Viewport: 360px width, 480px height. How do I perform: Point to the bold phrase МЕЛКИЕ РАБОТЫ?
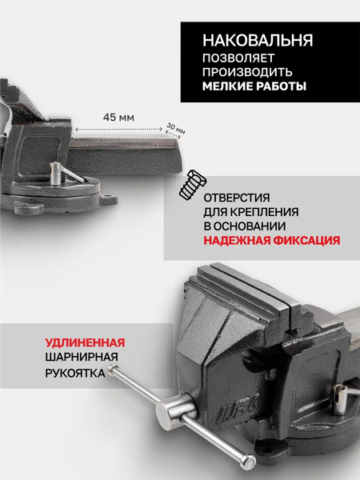[254, 86]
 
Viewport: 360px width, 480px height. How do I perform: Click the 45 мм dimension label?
[118, 117]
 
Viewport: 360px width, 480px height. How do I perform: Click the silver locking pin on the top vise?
[58, 169]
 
